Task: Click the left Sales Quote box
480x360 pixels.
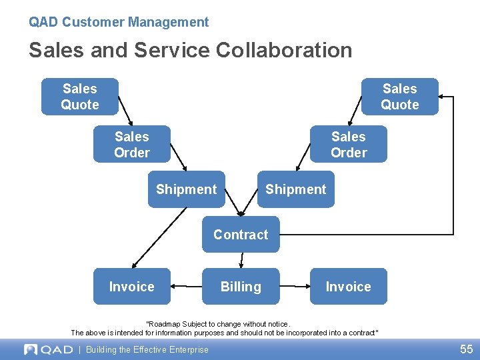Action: coord(80,97)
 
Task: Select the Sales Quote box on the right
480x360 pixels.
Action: coord(400,97)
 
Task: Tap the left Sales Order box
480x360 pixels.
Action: coord(132,144)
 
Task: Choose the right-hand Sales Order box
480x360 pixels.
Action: coord(349,144)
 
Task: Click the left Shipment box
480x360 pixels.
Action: coord(186,189)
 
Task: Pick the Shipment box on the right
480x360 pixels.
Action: coord(296,189)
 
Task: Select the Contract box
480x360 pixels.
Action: coord(241,235)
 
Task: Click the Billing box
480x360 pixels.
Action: coord(241,287)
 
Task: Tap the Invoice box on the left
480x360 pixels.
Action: coord(132,287)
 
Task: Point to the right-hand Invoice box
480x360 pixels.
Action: coord(348,287)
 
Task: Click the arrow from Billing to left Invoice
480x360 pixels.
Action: coord(187,287)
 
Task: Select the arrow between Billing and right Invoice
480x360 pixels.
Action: coord(295,287)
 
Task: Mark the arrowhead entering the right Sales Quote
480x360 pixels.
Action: coord(443,97)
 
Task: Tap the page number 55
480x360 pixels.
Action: coord(466,349)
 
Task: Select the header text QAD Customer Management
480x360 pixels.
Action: coord(119,22)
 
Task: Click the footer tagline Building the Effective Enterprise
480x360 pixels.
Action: coord(147,349)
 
